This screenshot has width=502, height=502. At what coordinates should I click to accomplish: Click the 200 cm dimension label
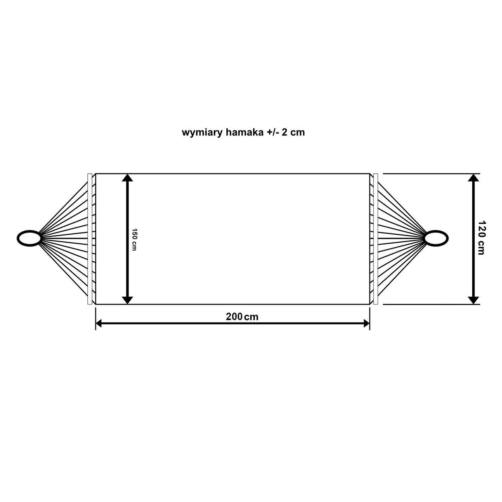242,317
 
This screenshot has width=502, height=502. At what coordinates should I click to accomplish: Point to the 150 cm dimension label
134,240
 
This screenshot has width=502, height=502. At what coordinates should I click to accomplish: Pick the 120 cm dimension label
481,238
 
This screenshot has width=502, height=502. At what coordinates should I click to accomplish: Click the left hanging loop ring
29,238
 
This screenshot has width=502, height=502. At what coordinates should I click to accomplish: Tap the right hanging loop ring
436,238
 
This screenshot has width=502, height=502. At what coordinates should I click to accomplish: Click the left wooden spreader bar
90,239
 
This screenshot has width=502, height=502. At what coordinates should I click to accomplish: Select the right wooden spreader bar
376,239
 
